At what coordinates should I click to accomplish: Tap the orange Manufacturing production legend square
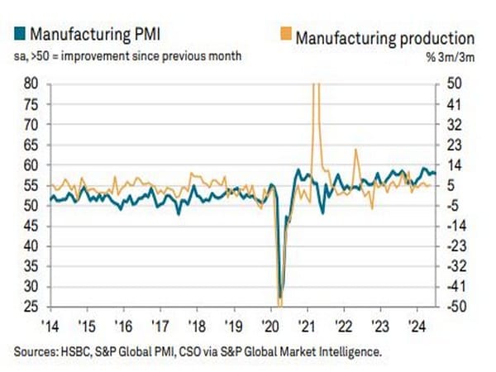coord(286,36)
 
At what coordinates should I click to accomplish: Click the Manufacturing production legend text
coord(384,37)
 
